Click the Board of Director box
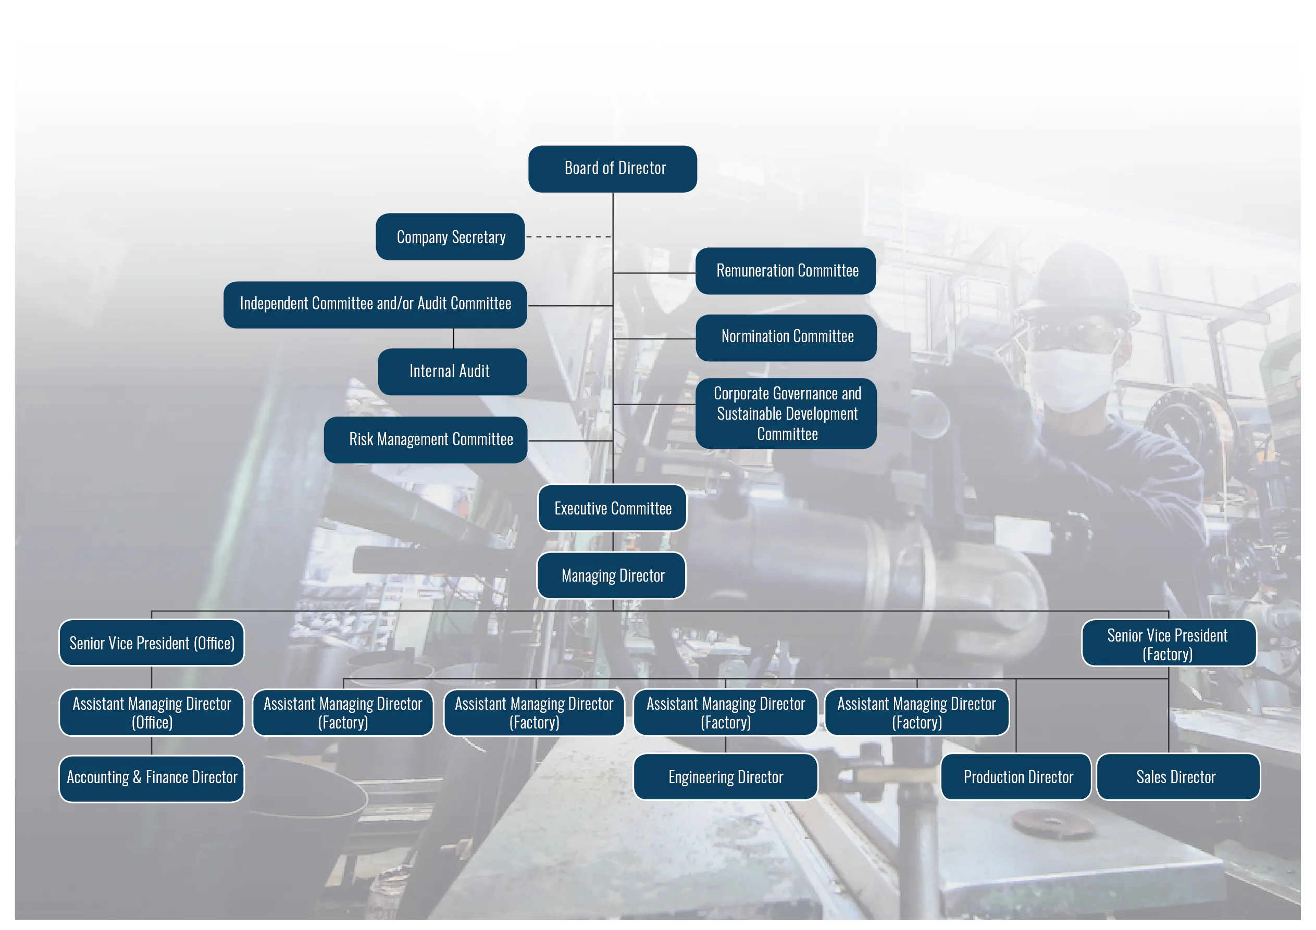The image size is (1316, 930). click(612, 169)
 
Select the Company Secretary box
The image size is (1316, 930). click(451, 236)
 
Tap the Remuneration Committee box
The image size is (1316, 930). click(786, 271)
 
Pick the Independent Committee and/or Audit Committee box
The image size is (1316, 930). click(376, 305)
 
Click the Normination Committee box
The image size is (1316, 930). click(786, 338)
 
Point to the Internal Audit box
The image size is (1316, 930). click(452, 372)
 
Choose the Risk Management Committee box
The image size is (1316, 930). click(425, 440)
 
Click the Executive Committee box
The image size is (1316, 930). click(612, 508)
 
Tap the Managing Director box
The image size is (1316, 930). click(612, 575)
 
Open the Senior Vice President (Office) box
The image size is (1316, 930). click(151, 643)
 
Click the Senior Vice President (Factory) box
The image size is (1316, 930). click(1169, 643)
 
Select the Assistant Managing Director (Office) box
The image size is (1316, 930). click(151, 713)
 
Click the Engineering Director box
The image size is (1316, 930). click(726, 777)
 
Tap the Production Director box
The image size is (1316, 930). click(1016, 777)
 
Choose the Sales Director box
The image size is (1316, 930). click(1178, 777)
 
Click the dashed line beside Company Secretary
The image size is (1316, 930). click(568, 236)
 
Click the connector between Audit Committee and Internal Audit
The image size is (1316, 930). click(453, 338)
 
